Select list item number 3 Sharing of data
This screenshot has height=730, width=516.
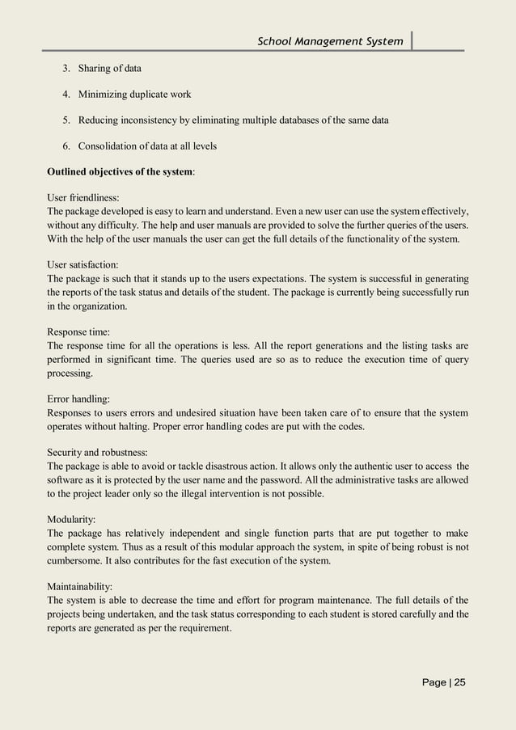pyautogui.click(x=109, y=69)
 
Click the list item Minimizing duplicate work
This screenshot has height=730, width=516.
pyautogui.click(x=134, y=95)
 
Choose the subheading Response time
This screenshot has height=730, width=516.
pyautogui.click(x=78, y=331)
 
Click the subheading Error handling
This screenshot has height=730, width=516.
pyautogui.click(x=79, y=398)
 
